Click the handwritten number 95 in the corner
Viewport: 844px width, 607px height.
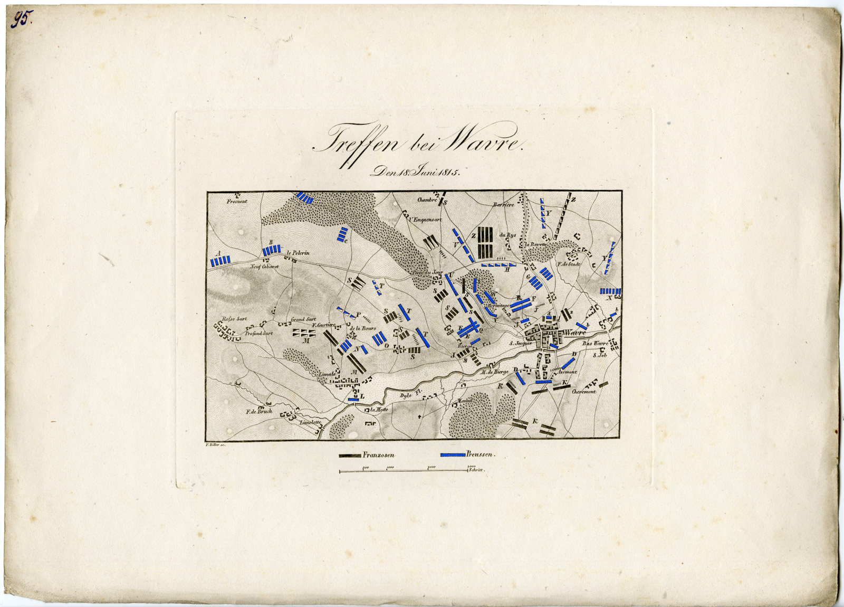[x=23, y=20]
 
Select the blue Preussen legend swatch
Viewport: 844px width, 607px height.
[x=453, y=454]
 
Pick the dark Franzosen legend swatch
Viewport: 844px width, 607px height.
[x=350, y=454]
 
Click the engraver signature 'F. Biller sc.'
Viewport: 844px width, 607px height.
[x=213, y=445]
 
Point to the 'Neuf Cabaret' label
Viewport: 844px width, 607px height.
[x=264, y=267]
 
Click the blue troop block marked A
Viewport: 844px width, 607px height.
[x=220, y=261]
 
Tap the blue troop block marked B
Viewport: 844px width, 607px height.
[x=272, y=251]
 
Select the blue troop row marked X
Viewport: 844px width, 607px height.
[x=610, y=291]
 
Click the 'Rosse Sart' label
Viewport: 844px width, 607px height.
[x=234, y=319]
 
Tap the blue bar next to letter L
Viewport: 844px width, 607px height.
[x=353, y=400]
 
